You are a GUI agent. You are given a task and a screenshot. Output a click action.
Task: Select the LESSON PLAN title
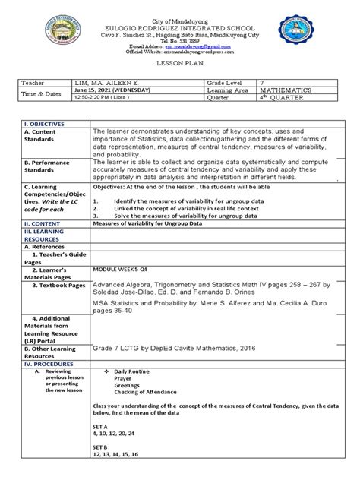click(x=180, y=65)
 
